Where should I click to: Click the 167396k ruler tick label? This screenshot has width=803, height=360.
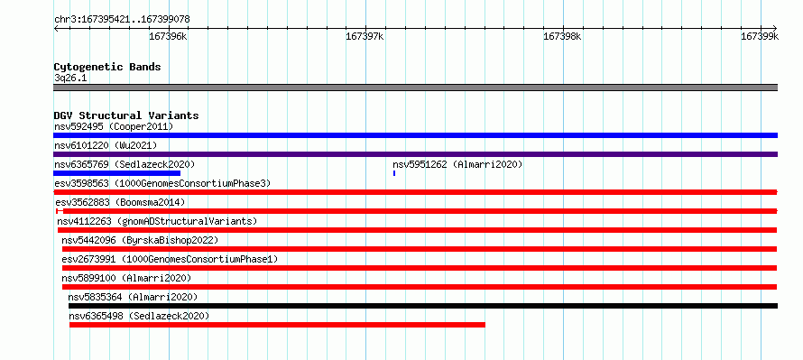pyautogui.click(x=168, y=36)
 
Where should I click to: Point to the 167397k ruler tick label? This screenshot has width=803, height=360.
pyautogui.click(x=365, y=36)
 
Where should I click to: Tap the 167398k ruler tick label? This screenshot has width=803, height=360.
pyautogui.click(x=562, y=36)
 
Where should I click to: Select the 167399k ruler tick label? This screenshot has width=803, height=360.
pyautogui.click(x=760, y=36)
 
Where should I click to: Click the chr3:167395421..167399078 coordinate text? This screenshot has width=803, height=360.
pyautogui.click(x=123, y=20)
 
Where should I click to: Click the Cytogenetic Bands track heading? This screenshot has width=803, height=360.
pyautogui.click(x=107, y=67)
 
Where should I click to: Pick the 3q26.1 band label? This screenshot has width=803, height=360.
pyautogui.click(x=70, y=78)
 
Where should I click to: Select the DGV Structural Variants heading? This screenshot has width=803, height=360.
pyautogui.click(x=126, y=115)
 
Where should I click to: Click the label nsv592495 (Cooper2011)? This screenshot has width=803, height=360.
pyautogui.click(x=114, y=126)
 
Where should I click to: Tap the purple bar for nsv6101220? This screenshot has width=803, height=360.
pyautogui.click(x=415, y=154)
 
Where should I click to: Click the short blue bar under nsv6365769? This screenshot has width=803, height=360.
pyautogui.click(x=116, y=173)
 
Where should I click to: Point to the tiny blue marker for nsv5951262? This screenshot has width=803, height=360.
pyautogui.click(x=393, y=173)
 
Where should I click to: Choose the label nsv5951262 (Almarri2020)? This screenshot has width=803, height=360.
pyautogui.click(x=457, y=164)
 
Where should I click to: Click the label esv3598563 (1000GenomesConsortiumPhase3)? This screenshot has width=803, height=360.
pyautogui.click(x=162, y=183)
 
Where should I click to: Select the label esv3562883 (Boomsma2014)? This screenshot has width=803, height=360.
pyautogui.click(x=120, y=202)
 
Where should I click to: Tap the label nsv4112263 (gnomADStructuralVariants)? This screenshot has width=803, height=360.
pyautogui.click(x=157, y=221)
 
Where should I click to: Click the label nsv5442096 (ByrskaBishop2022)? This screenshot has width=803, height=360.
pyautogui.click(x=140, y=240)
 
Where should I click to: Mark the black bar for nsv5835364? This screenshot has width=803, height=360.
pyautogui.click(x=423, y=306)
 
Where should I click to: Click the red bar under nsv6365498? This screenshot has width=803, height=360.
pyautogui.click(x=277, y=325)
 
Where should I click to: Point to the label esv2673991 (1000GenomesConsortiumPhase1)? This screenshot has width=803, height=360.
pyautogui.click(x=170, y=259)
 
